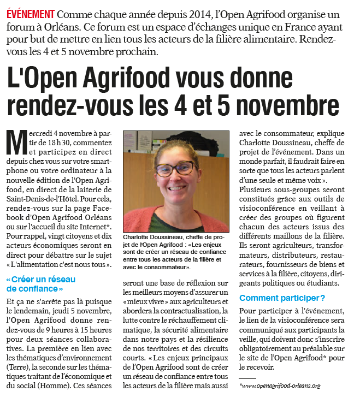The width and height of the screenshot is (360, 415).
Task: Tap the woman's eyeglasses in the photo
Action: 174,169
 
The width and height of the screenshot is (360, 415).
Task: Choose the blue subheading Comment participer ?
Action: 282,298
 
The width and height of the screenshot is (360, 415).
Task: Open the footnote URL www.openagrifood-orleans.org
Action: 280,386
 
